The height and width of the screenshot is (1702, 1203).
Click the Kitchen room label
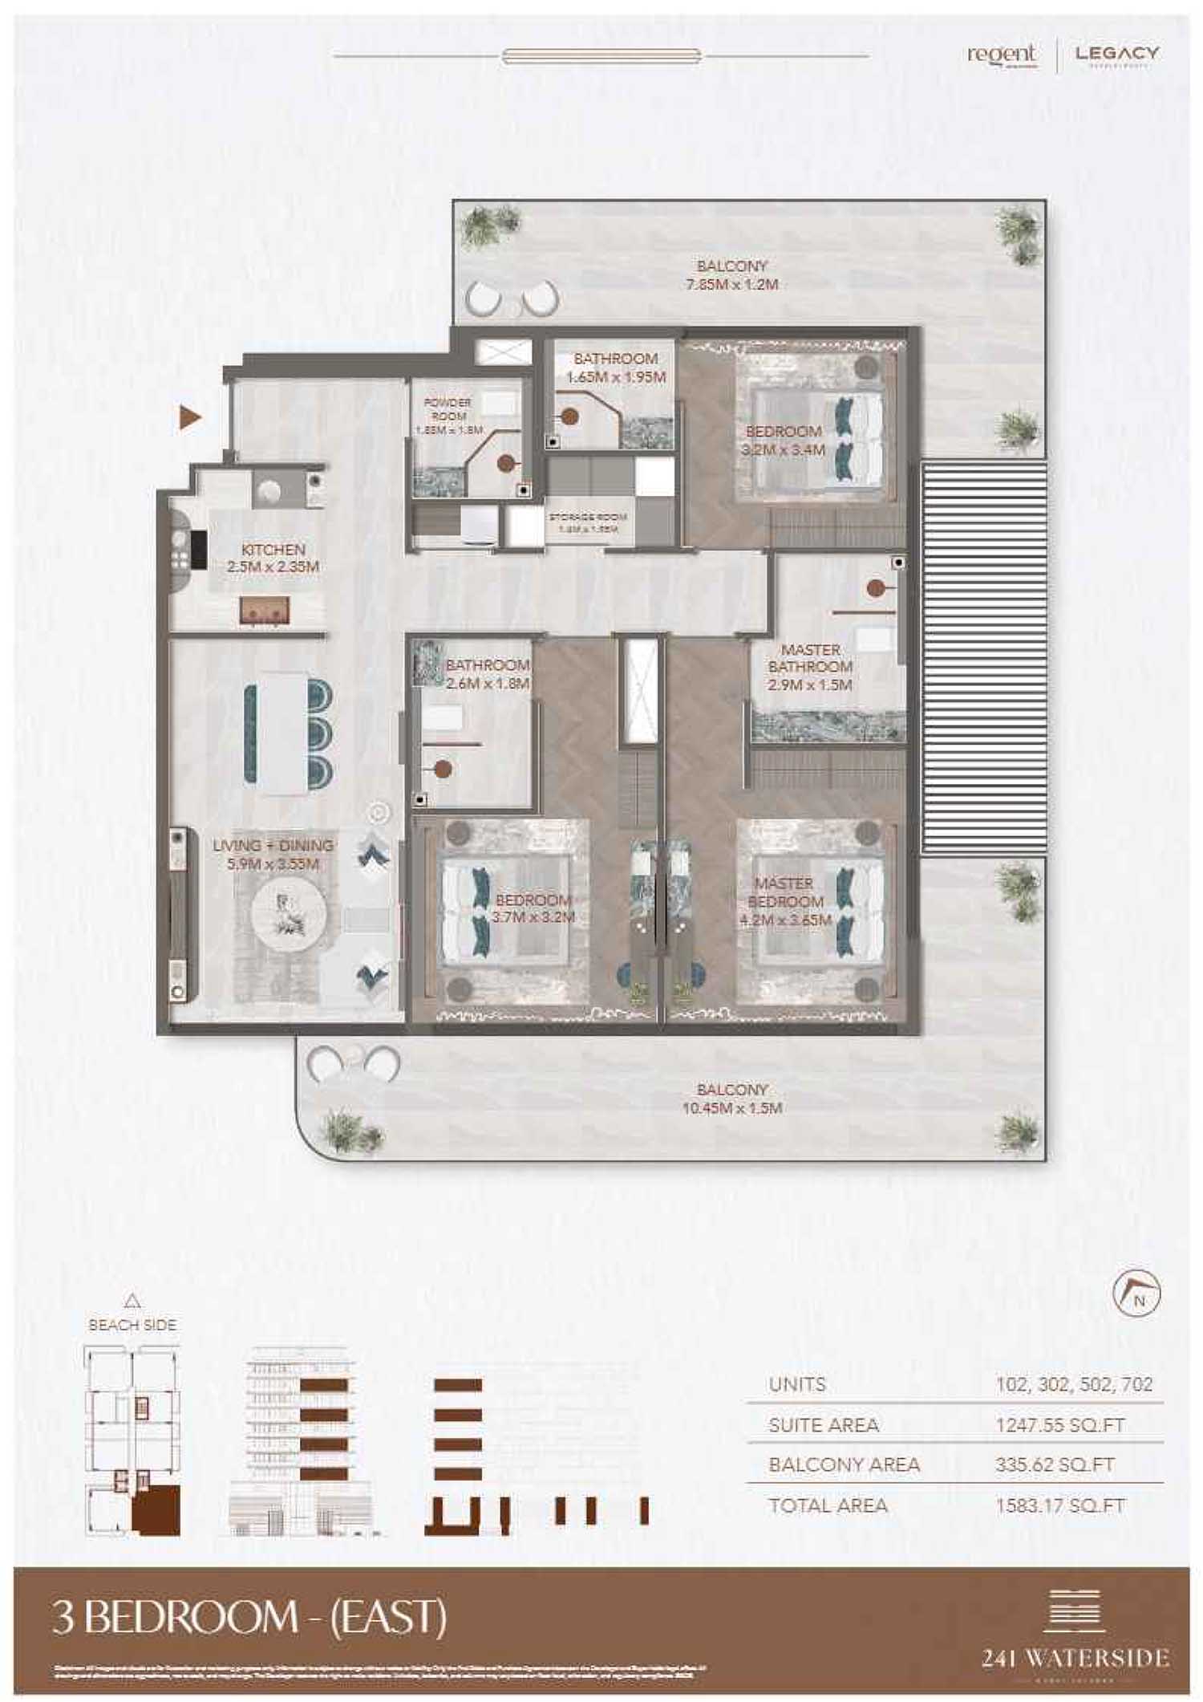[x=273, y=550]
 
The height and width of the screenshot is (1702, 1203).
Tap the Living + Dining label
[x=273, y=846]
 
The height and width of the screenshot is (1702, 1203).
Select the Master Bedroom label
[x=784, y=892]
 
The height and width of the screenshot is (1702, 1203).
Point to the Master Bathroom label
[x=810, y=658]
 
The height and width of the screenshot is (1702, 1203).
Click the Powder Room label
[x=448, y=409]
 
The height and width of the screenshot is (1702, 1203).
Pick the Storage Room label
[x=588, y=518]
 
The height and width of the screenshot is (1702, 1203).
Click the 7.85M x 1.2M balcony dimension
[x=731, y=284]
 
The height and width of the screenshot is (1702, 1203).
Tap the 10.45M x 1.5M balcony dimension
[x=731, y=1108]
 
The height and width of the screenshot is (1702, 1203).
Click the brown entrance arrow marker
[x=189, y=417]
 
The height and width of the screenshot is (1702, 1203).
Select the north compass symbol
[x=1136, y=1294]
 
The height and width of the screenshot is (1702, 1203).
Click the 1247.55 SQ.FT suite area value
[x=1059, y=1425]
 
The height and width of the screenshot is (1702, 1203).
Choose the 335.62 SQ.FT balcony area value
[x=1055, y=1464]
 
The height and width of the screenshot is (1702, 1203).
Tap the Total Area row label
[x=828, y=1505]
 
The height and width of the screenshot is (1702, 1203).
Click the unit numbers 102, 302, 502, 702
[x=1074, y=1384]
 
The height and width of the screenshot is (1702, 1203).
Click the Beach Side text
[x=132, y=1325]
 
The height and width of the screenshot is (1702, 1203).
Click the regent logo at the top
[x=1001, y=55]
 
